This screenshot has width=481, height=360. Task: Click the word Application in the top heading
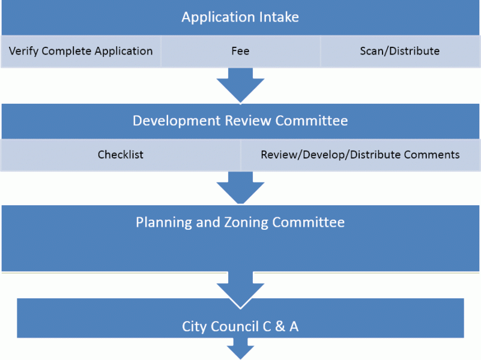(x=218, y=17)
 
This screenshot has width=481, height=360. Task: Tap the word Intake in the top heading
(x=279, y=17)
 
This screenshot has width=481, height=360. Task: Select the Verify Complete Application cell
(x=80, y=51)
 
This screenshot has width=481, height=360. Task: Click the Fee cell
(x=240, y=51)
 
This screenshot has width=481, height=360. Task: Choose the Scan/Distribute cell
(x=400, y=51)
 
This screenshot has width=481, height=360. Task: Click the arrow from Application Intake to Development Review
(x=240, y=85)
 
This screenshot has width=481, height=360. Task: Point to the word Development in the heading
(x=177, y=121)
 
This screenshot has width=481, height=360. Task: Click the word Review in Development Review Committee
(x=248, y=121)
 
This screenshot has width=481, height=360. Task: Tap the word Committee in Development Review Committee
(x=312, y=121)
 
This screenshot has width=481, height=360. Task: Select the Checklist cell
(x=121, y=155)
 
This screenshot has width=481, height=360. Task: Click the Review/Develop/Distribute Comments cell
(x=360, y=155)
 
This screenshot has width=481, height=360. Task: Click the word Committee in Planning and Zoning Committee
(x=308, y=222)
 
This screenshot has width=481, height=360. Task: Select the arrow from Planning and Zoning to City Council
(x=240, y=290)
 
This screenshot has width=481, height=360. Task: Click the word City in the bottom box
(x=194, y=327)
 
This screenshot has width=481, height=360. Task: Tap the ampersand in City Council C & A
(x=280, y=326)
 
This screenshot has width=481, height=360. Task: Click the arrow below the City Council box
(x=240, y=349)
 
